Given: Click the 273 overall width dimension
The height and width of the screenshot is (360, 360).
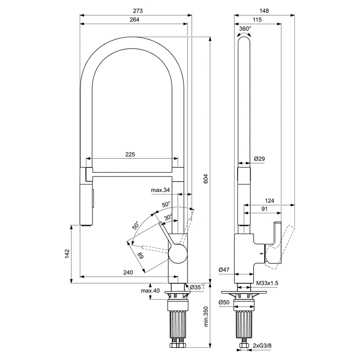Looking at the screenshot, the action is click(x=138, y=11).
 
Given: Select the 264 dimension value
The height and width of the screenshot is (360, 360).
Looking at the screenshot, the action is click(x=134, y=20).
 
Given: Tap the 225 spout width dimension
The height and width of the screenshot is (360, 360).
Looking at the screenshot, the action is click(x=130, y=155).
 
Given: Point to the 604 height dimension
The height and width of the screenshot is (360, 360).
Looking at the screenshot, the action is click(x=205, y=179).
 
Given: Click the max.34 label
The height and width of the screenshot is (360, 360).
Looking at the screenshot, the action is click(x=160, y=190).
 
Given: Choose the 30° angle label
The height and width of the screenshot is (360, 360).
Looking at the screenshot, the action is click(x=168, y=217).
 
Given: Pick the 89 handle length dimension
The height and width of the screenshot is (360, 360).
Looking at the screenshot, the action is click(x=140, y=255).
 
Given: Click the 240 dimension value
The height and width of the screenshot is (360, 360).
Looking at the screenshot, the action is click(x=128, y=272).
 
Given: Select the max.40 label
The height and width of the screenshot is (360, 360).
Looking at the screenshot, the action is click(x=150, y=291).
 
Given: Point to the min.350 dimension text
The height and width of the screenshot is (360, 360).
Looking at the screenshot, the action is click(x=206, y=316).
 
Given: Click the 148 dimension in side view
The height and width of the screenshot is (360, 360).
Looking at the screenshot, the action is click(x=264, y=11).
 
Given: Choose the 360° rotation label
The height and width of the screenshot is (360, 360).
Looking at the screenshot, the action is click(x=245, y=29).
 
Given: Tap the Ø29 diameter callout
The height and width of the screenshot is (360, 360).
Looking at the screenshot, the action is click(x=260, y=159).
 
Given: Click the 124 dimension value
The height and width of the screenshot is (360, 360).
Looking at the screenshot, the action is click(x=269, y=201).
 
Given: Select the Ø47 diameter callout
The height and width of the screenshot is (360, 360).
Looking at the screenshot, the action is click(x=224, y=270).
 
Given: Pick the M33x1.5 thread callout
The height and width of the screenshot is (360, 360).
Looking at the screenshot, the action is click(x=267, y=283).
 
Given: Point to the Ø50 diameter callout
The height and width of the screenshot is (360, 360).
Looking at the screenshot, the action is click(x=224, y=302).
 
